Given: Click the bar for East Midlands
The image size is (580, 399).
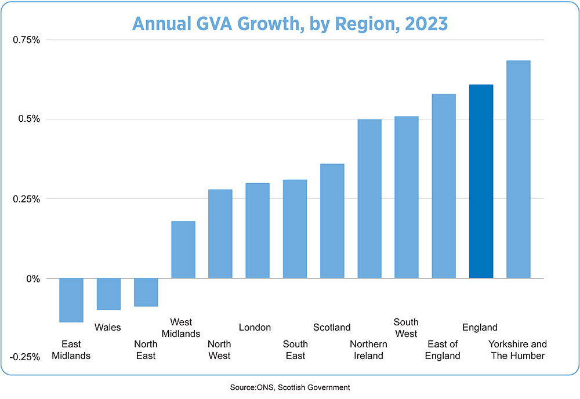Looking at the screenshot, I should [x=71, y=300].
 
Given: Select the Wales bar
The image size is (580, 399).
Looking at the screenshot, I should [x=108, y=294].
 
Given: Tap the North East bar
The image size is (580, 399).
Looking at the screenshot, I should [x=146, y=292].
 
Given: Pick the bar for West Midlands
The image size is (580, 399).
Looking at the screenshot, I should [x=183, y=249].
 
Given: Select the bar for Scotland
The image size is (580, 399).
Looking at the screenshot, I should [x=332, y=221].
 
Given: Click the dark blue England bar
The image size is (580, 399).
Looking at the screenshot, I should [x=481, y=181].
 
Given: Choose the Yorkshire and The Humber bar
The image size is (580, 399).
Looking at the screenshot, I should [x=518, y=169].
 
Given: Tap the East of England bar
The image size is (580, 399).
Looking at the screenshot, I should [x=444, y=186].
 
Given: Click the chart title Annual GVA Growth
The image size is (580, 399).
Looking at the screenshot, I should [x=289, y=23].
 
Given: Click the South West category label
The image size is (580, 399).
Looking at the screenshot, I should [x=406, y=328].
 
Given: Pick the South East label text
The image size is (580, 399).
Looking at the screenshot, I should [x=295, y=350].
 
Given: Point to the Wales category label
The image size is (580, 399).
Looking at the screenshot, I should [x=108, y=328].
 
